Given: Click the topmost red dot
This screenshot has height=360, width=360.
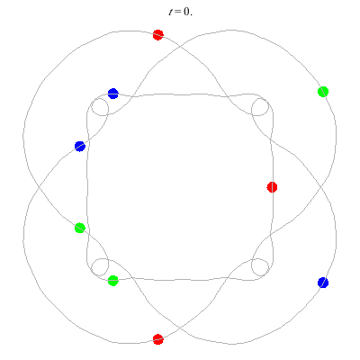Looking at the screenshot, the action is click(x=158, y=35).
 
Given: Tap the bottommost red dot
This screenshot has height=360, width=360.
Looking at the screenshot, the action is click(x=158, y=339).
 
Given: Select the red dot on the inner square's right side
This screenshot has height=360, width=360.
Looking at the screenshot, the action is click(x=272, y=187).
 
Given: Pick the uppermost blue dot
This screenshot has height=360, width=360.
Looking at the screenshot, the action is click(x=113, y=94).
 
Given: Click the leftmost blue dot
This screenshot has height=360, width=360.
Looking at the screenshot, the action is click(x=80, y=147).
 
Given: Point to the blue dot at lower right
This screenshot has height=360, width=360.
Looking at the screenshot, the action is click(x=323, y=283).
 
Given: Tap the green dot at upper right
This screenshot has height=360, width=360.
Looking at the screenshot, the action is click(x=323, y=92).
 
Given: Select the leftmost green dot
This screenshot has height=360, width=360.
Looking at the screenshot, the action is click(x=80, y=228).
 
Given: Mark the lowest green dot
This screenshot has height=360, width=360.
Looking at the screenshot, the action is click(x=113, y=281).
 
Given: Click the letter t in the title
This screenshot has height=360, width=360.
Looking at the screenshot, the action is click(x=171, y=12).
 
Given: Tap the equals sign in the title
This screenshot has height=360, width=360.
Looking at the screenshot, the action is click(x=178, y=13).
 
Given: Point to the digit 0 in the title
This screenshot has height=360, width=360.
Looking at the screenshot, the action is click(x=185, y=12).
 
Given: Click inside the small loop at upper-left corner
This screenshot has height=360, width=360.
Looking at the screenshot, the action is click(x=100, y=107).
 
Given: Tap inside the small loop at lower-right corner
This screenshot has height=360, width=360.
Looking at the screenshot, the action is click(x=260, y=267).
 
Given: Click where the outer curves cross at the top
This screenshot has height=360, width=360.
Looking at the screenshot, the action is click(x=180, y=47).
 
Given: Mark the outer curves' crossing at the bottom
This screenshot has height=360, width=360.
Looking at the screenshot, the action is click(x=180, y=327).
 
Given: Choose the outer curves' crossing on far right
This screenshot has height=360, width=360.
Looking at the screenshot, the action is click(x=320, y=187).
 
